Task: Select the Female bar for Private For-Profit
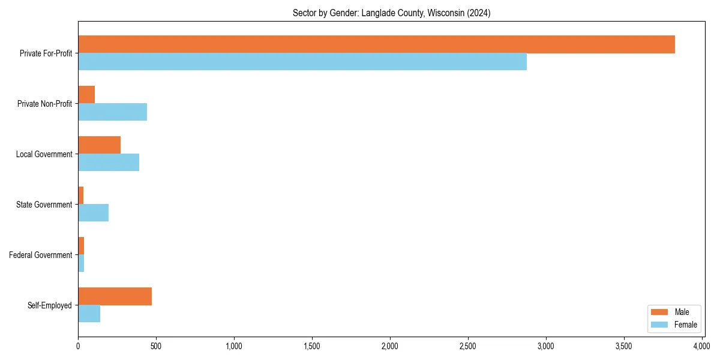(x=302, y=62)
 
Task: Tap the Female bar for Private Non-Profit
(x=112, y=112)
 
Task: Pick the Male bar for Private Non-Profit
(x=86, y=95)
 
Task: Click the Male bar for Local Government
(x=99, y=145)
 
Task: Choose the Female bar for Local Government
(x=109, y=163)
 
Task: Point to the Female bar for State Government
(x=93, y=213)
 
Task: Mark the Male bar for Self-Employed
(x=115, y=296)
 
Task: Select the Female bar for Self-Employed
(x=89, y=314)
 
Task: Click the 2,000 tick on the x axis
(x=390, y=346)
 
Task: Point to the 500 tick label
(x=156, y=346)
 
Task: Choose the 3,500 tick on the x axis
(x=624, y=346)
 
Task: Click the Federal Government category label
(x=41, y=255)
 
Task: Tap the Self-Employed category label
(x=50, y=305)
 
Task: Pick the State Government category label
(x=44, y=205)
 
